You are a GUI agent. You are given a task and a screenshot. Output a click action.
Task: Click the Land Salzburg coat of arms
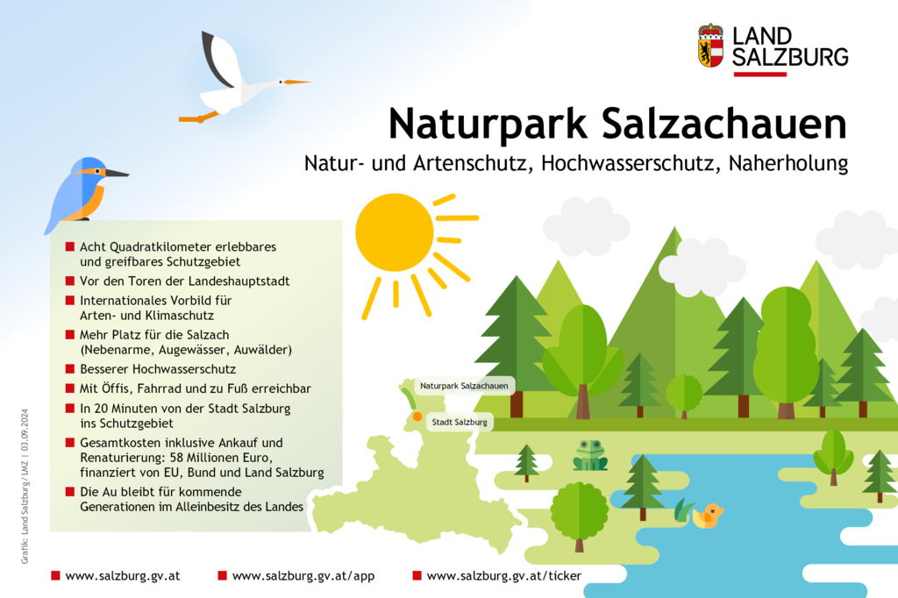coord(710,46)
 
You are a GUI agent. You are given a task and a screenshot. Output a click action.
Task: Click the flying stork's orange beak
coord(297,82)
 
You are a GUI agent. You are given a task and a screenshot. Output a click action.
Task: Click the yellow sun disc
coord(395,232)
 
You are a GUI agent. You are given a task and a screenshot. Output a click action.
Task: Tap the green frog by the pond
coord(590,455)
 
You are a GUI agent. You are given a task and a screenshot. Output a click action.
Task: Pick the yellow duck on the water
coord(709,516)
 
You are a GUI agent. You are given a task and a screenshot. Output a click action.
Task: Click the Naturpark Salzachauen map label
coord(464,386)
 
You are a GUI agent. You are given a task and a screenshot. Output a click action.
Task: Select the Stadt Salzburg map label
coord(460,422)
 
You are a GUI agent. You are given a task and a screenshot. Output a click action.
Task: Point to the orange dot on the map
coord(417,416)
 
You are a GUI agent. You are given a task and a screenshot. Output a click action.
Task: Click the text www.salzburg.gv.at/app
coord(303,576)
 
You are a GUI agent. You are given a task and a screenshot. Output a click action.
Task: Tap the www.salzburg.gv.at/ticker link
coord(504,576)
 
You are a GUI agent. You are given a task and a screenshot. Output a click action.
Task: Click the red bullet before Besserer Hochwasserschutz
coord(70,369)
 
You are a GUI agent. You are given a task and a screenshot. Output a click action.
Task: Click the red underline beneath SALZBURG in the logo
coord(760,74)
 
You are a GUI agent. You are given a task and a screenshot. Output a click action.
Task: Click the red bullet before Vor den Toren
coord(70,281)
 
